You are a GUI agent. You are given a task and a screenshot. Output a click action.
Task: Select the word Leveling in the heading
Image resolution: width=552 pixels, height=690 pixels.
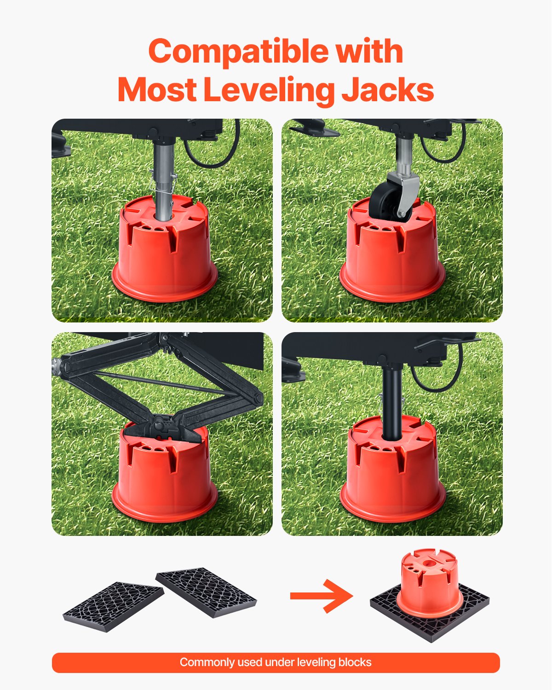click(269, 91)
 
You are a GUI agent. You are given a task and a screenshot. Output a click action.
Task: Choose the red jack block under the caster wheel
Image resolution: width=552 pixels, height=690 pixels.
click(392, 258)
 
